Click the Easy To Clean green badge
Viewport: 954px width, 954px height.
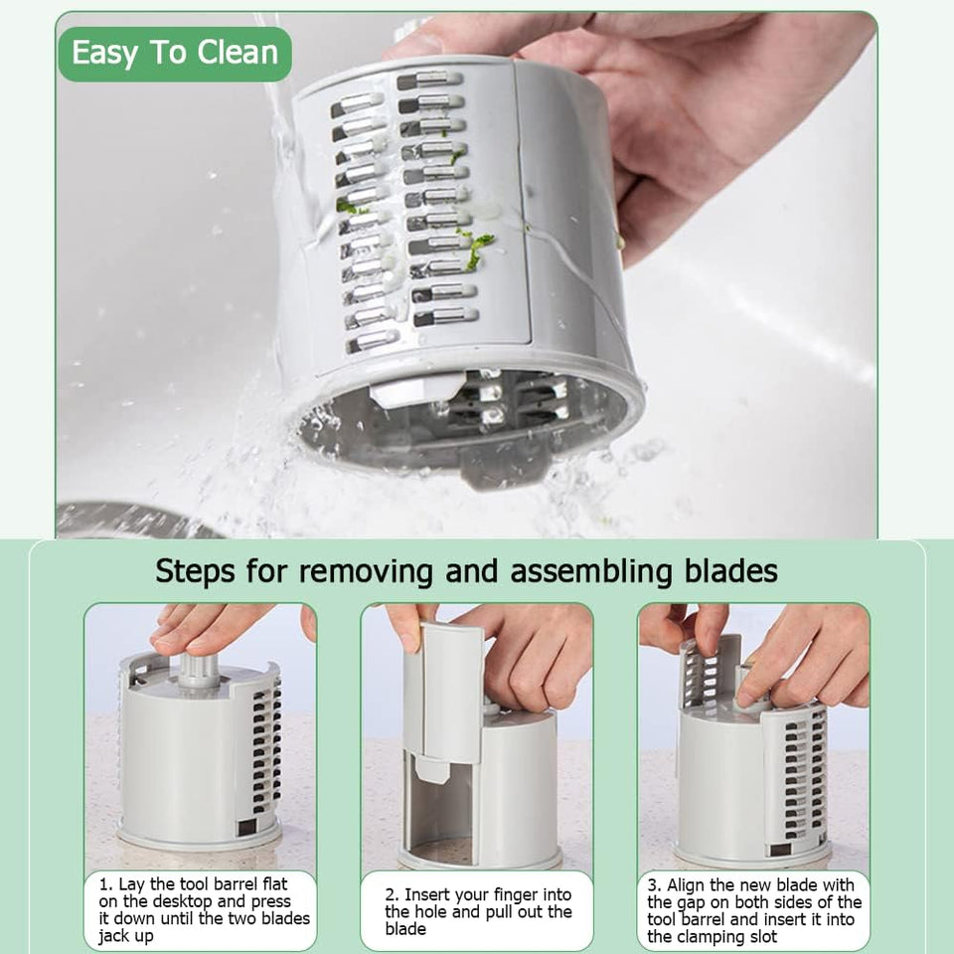pos(175,54)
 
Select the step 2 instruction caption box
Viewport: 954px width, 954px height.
pos(477,910)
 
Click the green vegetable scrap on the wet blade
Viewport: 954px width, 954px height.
pos(479,244)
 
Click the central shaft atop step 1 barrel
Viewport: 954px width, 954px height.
pos(199,670)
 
